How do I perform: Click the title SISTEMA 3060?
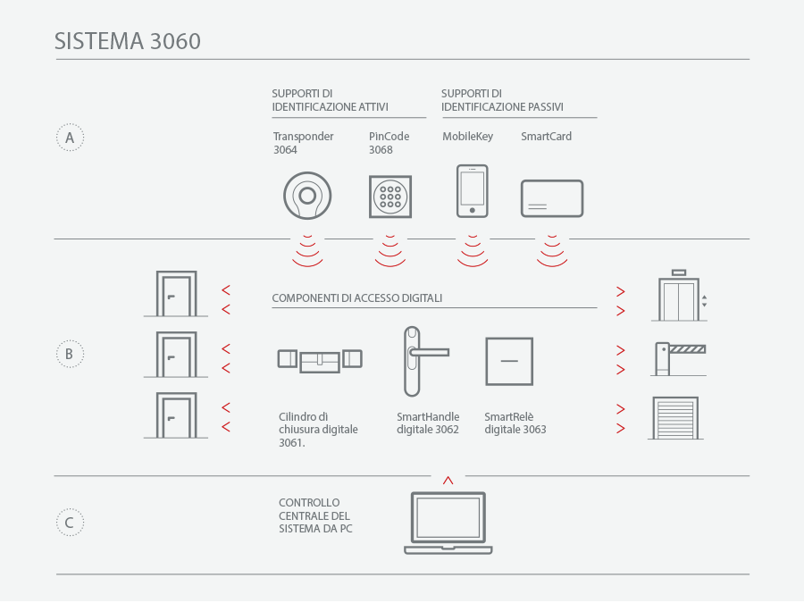coord(128,41)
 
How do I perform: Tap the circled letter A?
coord(70,138)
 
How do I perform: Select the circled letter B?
coord(70,354)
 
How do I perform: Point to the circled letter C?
coord(70,523)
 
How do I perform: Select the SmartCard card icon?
coord(552,181)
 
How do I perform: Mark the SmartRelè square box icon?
coord(509,339)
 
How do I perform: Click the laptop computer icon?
coord(448,549)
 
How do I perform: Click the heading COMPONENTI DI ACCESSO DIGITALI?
coord(356,297)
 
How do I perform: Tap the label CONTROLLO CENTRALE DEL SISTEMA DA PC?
coord(315,515)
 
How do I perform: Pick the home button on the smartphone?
coord(473,210)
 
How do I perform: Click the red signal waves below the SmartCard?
coord(552,263)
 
